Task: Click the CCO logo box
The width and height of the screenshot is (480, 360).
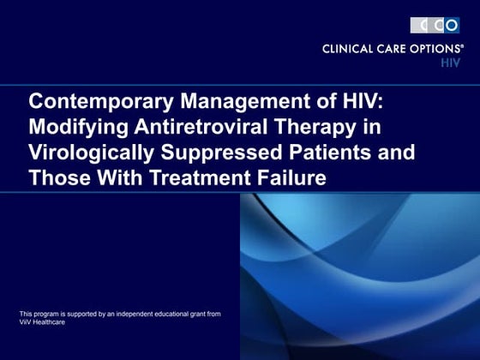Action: (435, 25)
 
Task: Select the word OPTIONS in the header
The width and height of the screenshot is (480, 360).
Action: (433, 50)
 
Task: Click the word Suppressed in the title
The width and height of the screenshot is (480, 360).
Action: (219, 154)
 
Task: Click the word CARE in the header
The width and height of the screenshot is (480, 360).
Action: (392, 50)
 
